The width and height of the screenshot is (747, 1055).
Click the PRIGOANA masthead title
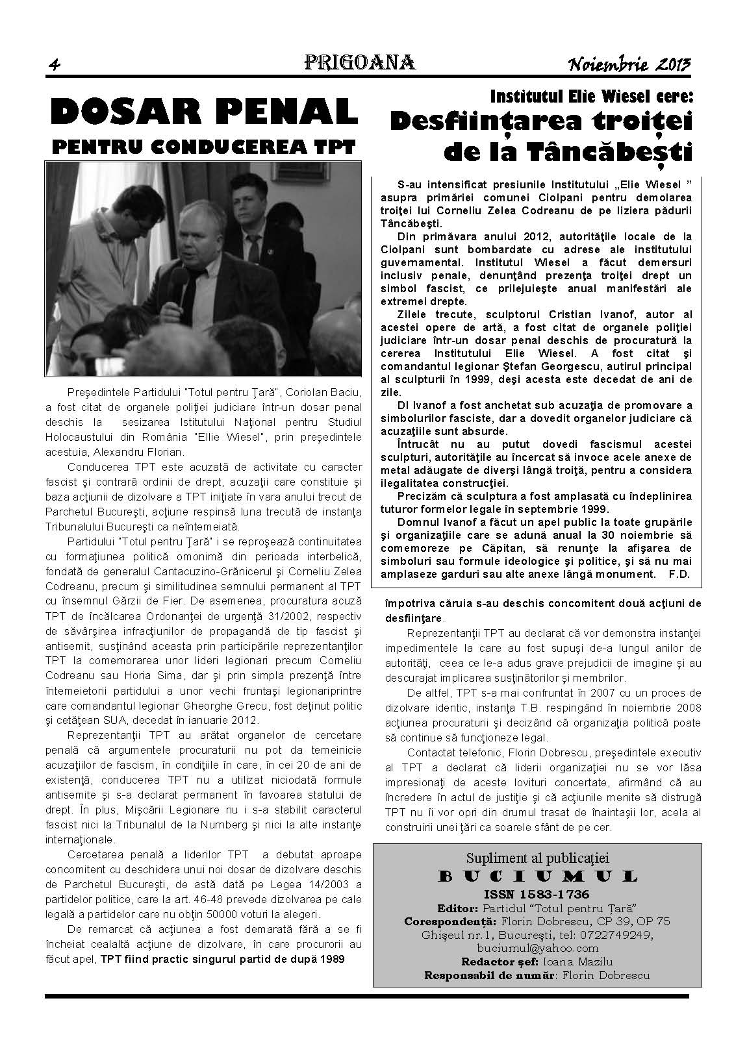tap(359, 62)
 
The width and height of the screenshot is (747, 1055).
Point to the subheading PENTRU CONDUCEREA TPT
tap(203, 147)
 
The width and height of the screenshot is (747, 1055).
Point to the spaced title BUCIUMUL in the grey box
tap(537, 876)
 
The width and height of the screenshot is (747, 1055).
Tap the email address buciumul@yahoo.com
tap(537, 948)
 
